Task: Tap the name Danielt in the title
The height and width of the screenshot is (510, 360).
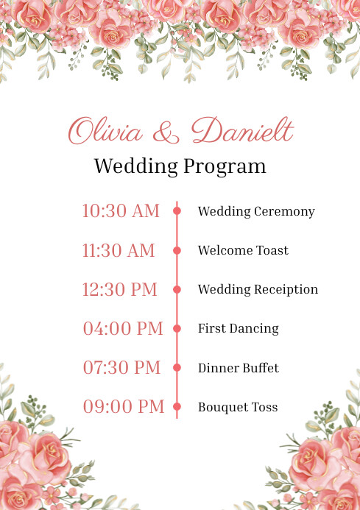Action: click(242, 131)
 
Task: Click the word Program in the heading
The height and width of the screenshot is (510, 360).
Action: click(225, 166)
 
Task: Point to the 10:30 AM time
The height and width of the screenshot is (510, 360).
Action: click(120, 211)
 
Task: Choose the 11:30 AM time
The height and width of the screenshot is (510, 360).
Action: click(119, 250)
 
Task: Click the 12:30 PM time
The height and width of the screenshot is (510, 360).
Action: click(119, 289)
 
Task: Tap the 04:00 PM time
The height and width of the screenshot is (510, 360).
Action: click(123, 328)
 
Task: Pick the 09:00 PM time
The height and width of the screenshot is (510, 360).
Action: click(123, 406)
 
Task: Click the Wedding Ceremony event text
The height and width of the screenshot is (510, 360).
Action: click(256, 211)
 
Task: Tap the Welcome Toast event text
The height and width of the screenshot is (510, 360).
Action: click(243, 250)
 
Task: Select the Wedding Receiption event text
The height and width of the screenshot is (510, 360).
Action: click(258, 289)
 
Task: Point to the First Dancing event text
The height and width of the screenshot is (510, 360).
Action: click(238, 328)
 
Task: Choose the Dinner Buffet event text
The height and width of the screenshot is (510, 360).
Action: click(238, 367)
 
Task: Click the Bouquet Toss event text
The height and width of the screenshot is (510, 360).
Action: click(238, 406)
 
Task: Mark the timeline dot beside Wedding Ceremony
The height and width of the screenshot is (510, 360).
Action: click(177, 211)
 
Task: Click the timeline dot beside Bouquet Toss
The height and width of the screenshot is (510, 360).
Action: click(177, 406)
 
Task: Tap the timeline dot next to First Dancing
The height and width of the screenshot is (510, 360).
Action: click(177, 328)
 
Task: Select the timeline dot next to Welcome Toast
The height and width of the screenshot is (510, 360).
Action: click(177, 250)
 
